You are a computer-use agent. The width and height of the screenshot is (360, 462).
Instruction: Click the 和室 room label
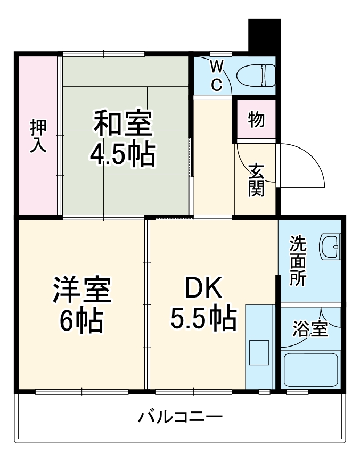pos(124,123)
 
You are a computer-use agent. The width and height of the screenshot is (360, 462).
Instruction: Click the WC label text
pos(216,76)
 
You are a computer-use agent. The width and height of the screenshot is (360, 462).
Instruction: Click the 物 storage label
pos(256,120)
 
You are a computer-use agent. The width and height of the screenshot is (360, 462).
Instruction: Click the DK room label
pos(203,288)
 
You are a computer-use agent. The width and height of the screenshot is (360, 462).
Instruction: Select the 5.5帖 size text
pos(203,319)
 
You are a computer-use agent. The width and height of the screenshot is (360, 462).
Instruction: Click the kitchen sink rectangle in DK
pos(259,351)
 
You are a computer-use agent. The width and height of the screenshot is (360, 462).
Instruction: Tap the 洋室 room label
pos(81,289)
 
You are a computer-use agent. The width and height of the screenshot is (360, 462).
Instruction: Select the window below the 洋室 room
pos(81,392)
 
